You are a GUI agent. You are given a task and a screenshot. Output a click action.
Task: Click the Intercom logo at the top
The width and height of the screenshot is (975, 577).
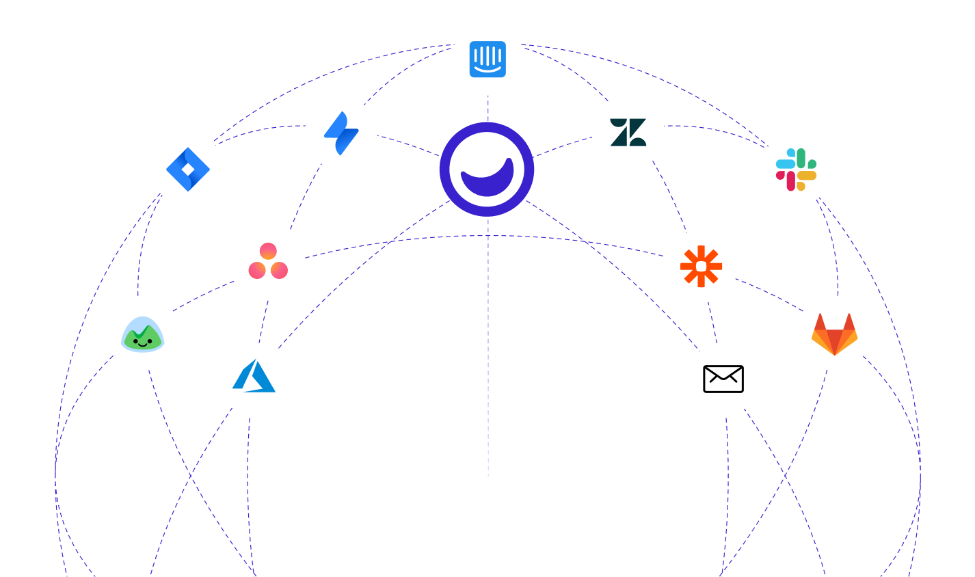487,59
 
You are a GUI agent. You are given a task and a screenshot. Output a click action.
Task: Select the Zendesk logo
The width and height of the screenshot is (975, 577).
628,133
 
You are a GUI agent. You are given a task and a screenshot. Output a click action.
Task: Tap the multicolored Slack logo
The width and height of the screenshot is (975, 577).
796,170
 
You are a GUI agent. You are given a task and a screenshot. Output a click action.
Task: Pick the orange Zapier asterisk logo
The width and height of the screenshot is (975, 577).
701,266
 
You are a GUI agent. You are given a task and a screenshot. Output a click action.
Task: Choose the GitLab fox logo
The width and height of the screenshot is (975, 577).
834,334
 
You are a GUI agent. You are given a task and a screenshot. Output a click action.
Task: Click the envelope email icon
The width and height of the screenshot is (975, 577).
723,379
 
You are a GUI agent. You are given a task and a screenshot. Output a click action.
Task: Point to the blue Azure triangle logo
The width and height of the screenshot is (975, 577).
254,378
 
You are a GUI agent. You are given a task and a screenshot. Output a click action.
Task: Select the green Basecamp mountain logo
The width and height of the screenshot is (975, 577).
142,334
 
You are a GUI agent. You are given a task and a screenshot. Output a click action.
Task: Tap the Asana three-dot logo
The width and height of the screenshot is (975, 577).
268,261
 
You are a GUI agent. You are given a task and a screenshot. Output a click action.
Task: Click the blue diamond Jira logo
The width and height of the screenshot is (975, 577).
188,169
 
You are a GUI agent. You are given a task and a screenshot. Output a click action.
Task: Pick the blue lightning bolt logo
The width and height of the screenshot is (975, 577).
341,133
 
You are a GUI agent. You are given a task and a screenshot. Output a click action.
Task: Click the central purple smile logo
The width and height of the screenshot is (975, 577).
487,169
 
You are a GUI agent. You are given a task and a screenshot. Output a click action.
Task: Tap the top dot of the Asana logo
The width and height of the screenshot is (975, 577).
268,251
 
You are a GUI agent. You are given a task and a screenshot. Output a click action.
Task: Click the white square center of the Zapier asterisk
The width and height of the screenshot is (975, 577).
701,266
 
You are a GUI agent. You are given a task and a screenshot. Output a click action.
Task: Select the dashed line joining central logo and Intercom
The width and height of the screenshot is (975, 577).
488,109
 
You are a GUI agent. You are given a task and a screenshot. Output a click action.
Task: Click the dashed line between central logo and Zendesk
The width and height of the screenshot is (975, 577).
563,146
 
